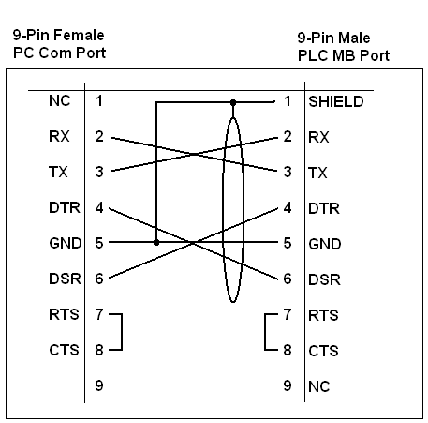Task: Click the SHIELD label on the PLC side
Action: click(x=336, y=101)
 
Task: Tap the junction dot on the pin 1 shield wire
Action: click(x=233, y=102)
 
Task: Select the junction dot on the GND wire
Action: click(x=156, y=242)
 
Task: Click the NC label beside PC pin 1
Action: click(x=59, y=100)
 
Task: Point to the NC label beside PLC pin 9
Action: click(x=318, y=386)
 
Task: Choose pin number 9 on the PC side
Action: click(x=99, y=385)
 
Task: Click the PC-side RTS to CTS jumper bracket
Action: click(x=122, y=332)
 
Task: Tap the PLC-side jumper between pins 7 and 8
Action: click(x=265, y=332)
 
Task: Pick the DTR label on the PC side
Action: click(x=65, y=207)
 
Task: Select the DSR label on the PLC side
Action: click(x=324, y=279)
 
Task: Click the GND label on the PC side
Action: click(x=66, y=243)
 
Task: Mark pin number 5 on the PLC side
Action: click(x=288, y=243)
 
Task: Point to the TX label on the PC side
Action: click(x=58, y=172)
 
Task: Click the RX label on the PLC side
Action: click(x=318, y=137)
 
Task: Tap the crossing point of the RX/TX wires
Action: click(x=194, y=154)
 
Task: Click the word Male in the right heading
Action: click(x=354, y=38)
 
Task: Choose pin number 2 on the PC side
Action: click(x=99, y=136)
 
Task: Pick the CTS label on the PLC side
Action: click(x=323, y=351)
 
